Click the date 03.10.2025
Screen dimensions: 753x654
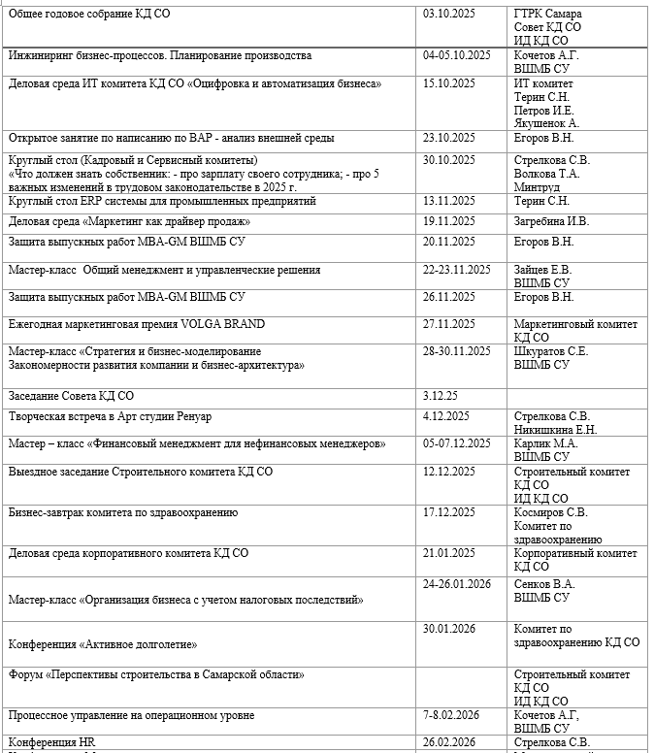(x=451, y=14)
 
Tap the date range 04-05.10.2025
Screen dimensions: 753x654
(x=458, y=55)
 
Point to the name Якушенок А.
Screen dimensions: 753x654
(x=546, y=123)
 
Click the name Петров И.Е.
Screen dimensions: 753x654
(x=545, y=110)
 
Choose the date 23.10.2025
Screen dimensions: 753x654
(x=451, y=138)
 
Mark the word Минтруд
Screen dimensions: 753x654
(x=538, y=187)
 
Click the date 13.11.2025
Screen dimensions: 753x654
(x=451, y=201)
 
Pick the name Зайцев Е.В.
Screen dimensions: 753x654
(x=543, y=270)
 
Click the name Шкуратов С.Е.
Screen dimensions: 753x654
(x=551, y=351)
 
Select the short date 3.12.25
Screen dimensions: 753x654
(x=441, y=396)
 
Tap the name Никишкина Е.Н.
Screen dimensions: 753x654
(x=556, y=430)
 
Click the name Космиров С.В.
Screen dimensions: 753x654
(x=550, y=512)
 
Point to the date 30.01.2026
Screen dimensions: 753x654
(x=451, y=629)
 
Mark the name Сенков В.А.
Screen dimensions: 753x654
(x=544, y=584)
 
